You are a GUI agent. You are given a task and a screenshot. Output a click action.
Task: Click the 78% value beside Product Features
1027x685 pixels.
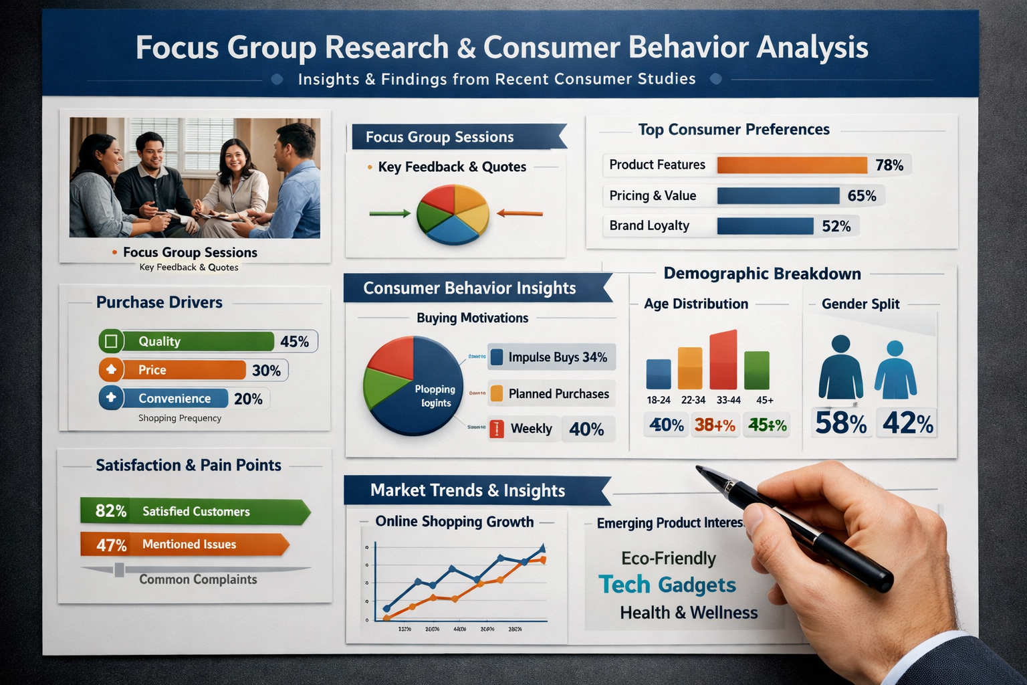coord(889,165)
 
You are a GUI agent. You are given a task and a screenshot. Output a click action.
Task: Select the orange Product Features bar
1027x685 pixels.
coord(792,165)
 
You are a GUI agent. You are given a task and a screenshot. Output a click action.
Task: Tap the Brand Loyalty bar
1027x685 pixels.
coord(765,226)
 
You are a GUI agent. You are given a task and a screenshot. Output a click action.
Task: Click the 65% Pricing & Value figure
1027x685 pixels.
coord(861,196)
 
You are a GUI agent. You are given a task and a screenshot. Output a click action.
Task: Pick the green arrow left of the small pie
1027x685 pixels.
coord(390,213)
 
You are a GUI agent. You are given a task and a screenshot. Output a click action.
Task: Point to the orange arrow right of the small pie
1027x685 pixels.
coord(520,213)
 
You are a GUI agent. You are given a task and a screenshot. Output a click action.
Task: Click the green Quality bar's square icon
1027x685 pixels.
coord(111,341)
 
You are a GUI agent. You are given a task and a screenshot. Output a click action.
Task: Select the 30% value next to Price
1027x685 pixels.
coord(266,371)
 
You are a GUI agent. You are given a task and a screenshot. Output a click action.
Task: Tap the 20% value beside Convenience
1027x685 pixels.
coord(248,399)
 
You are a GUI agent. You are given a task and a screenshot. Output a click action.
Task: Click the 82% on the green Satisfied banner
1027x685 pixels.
coord(110,512)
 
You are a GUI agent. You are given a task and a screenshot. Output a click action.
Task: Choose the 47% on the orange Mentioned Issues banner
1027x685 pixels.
coord(111,545)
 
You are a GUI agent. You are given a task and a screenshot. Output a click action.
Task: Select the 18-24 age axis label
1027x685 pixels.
coord(658,400)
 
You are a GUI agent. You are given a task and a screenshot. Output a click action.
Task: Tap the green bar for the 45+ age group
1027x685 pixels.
coord(757,370)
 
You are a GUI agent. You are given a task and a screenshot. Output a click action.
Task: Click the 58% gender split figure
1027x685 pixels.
coord(840,423)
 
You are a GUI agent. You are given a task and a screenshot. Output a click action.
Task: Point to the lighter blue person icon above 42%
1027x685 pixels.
coord(895,371)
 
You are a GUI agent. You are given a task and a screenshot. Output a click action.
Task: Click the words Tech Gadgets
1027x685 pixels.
coord(667,585)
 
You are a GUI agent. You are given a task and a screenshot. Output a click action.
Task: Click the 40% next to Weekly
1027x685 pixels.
coord(586,429)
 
